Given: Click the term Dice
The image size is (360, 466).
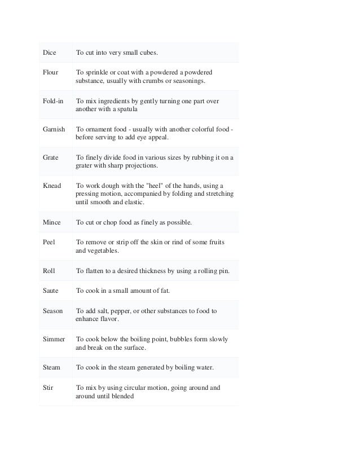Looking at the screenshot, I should point(50,53).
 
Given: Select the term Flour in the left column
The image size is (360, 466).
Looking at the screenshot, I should point(51,73).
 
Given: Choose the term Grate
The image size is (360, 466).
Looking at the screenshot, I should point(51,157).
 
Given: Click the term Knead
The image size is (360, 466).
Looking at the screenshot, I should point(52,185).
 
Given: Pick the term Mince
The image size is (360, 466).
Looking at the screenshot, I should point(52,222).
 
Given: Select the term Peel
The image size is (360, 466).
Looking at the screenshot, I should point(49,242).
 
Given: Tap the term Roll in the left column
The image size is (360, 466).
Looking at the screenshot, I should point(49,270).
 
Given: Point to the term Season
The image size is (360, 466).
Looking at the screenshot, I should point(53,311).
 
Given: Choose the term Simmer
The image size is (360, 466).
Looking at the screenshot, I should point(54,339).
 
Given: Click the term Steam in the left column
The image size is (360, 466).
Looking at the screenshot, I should point(52,367).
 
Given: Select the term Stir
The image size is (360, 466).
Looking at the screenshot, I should point(48,388).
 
